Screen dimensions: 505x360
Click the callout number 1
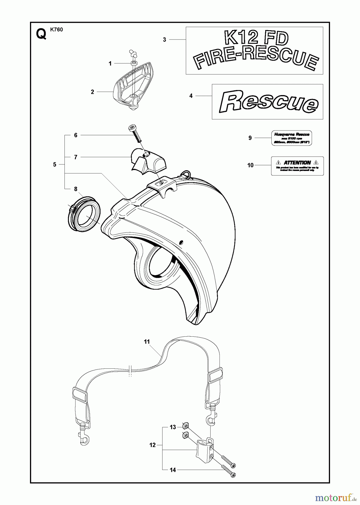110,64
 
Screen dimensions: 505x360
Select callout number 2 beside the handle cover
93,92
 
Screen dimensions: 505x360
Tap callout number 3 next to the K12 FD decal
165,40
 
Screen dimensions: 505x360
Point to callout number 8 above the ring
76,189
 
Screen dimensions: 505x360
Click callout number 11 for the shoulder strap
147,342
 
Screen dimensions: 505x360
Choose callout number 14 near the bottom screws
173,470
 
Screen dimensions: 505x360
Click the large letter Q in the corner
41,35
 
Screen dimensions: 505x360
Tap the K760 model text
57,30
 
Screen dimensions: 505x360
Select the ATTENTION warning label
297,166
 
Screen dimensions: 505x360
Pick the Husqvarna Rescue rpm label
292,138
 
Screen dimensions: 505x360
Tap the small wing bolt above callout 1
133,53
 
